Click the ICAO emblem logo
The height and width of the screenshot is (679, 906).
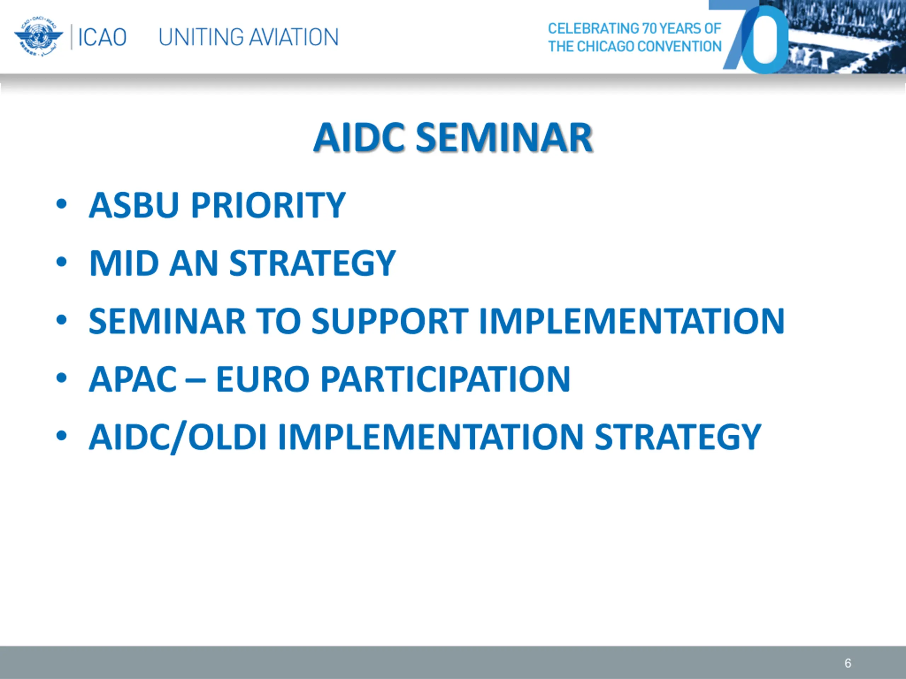click(39, 37)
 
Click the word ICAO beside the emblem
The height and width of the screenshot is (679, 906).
click(102, 37)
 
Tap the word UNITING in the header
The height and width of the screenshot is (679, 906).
click(201, 37)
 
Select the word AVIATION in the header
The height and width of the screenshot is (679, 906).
click(294, 37)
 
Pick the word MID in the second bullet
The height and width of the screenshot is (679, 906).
click(124, 263)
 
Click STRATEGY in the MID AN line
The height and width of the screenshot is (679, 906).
click(312, 263)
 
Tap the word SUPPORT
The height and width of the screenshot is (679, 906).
click(390, 321)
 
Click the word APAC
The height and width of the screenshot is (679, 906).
click(133, 379)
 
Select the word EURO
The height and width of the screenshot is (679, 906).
click(263, 379)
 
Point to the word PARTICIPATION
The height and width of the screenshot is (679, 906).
click(445, 379)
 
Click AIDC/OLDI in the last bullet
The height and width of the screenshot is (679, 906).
click(178, 437)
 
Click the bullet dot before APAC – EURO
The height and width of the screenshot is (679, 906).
click(62, 378)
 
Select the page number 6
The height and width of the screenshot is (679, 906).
click(848, 663)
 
